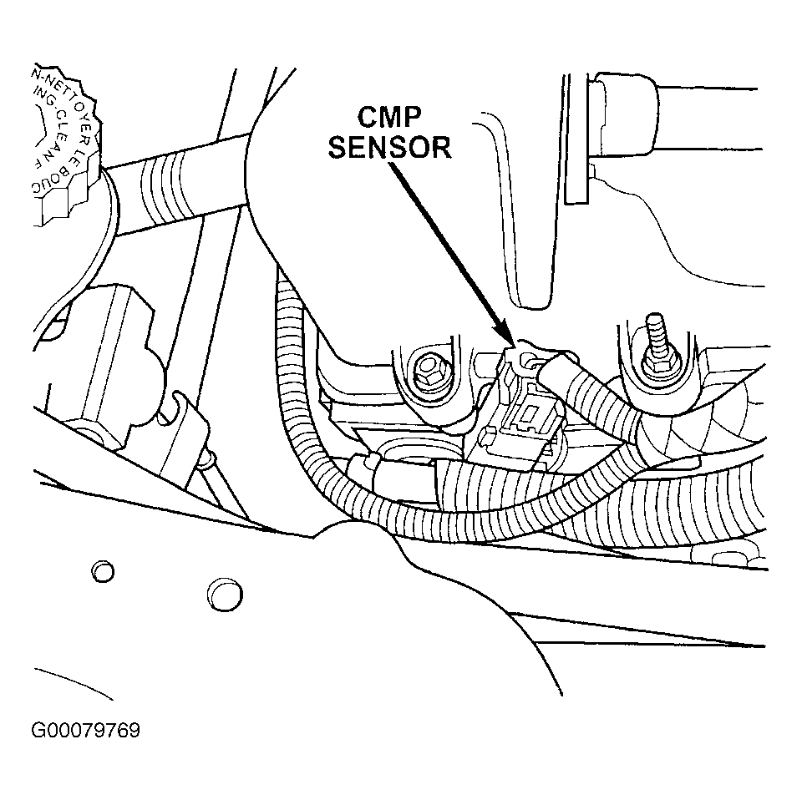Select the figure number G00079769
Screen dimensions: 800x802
85,732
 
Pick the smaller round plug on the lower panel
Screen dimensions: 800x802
102,571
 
